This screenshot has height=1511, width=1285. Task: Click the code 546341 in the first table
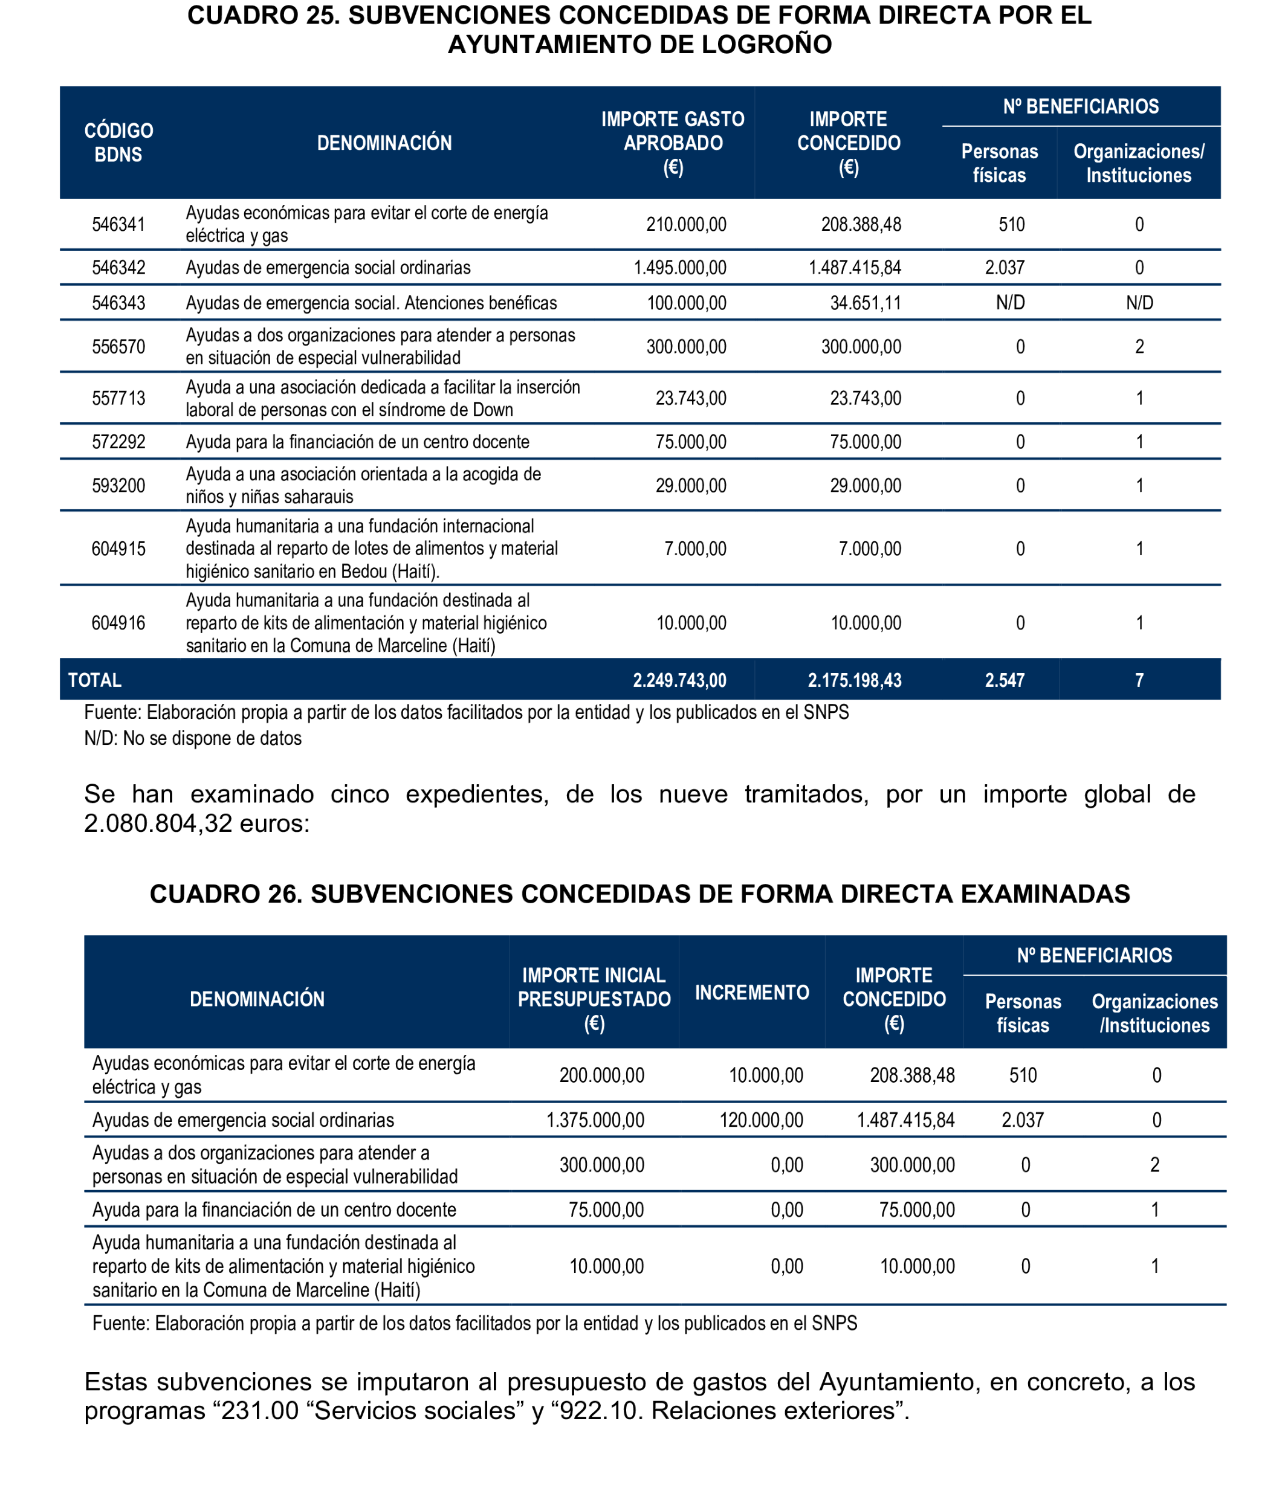click(118, 224)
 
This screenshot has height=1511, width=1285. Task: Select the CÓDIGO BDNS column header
click(118, 143)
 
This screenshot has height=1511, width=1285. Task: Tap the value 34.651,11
click(866, 303)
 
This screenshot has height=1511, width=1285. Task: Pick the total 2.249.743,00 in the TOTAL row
click(679, 680)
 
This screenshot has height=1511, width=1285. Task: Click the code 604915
click(118, 549)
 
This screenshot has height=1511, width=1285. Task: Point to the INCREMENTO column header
click(751, 993)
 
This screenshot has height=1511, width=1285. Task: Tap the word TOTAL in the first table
click(95, 680)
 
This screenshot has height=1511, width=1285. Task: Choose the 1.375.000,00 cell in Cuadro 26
click(595, 1120)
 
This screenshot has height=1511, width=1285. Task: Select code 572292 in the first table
click(118, 442)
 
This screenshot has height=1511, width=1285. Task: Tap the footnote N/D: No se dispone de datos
click(192, 738)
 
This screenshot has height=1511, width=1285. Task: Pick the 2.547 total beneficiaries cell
click(1005, 680)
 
